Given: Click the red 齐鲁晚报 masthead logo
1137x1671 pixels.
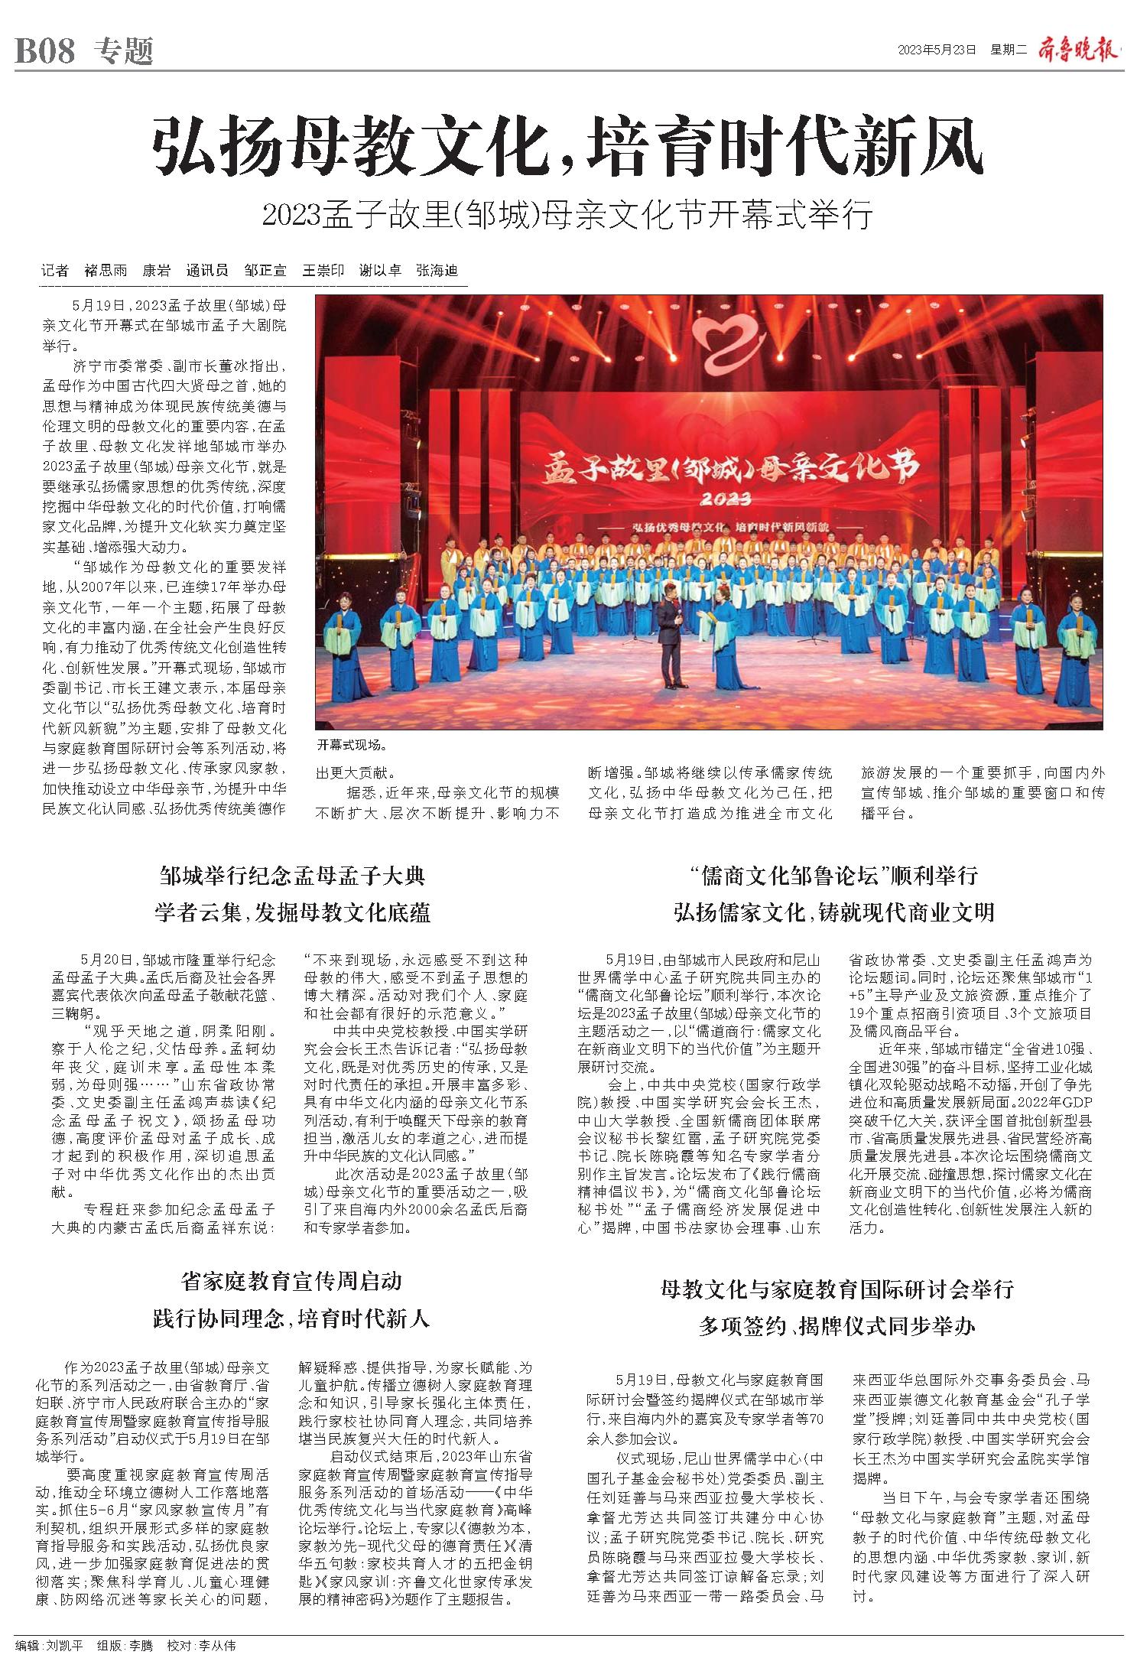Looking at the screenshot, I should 1078,50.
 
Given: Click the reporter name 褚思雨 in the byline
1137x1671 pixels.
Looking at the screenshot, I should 106,271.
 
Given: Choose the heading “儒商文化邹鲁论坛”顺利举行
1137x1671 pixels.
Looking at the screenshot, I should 833,875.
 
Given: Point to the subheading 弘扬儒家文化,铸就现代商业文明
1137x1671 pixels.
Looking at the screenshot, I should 833,912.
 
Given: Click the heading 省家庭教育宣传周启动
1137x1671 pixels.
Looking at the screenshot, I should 291,1280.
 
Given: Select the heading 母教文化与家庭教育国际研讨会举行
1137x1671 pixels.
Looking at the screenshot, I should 837,1289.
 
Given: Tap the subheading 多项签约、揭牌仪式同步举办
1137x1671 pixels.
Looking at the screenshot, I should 837,1326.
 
